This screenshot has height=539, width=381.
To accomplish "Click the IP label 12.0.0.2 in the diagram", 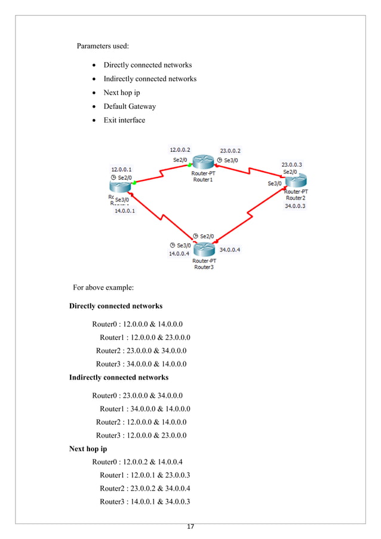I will [x=180, y=149].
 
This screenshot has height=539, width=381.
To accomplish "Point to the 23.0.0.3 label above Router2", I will [x=292, y=164].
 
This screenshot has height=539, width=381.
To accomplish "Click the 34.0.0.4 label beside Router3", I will [x=231, y=250].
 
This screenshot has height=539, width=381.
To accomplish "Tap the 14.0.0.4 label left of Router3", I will [x=179, y=253].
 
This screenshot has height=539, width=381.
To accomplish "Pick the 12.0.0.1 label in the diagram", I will [x=122, y=170].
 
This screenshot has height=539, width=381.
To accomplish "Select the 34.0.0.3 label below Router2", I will [x=295, y=206].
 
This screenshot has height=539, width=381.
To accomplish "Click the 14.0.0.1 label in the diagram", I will [x=125, y=210].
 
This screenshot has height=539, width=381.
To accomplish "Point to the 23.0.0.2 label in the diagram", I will [x=231, y=151].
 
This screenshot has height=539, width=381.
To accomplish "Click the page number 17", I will [x=190, y=526].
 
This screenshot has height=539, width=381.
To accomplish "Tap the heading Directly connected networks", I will [x=116, y=306].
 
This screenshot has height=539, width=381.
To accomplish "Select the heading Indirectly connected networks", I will [x=119, y=378].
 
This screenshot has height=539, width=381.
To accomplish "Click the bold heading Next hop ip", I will [x=88, y=449].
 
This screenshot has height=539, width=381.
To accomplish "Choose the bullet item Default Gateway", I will [x=130, y=106].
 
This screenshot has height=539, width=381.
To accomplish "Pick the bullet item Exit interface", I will [x=124, y=120].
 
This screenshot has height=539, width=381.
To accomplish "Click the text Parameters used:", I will [x=103, y=46].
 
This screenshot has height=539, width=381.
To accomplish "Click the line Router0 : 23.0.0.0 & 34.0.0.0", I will [x=137, y=396].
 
